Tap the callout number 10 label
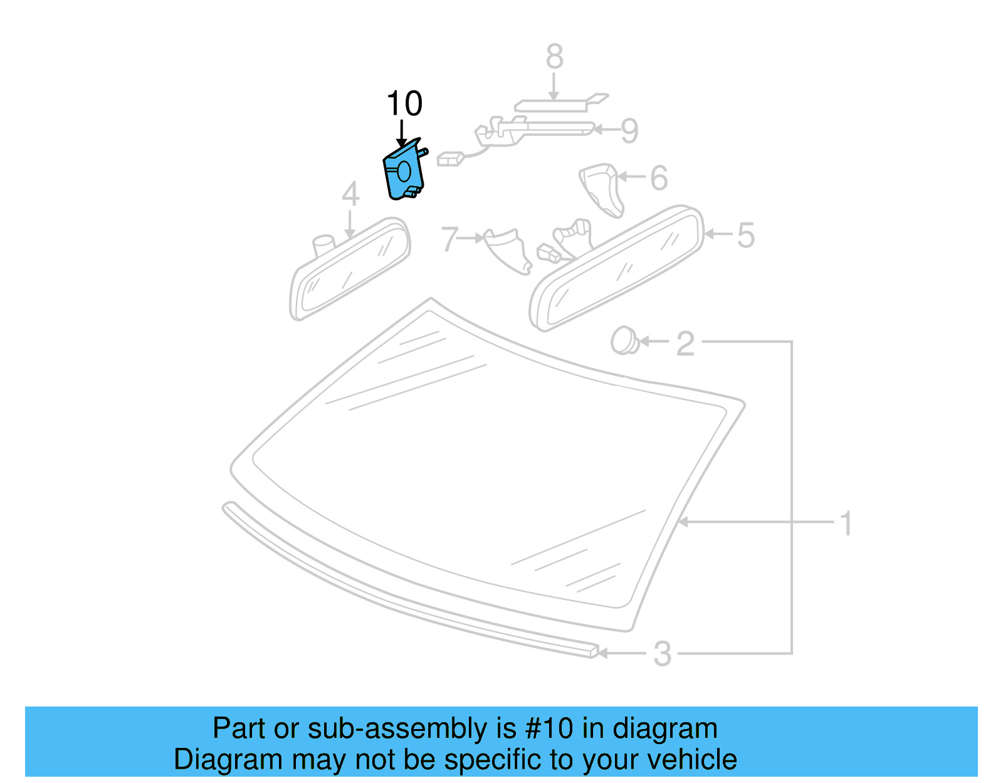click(x=404, y=103)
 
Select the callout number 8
click(x=554, y=57)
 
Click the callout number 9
click(x=629, y=130)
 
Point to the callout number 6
click(x=658, y=178)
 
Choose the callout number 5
click(x=745, y=235)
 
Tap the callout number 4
click(x=350, y=194)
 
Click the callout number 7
click(x=449, y=239)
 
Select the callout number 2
click(x=685, y=344)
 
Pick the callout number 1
click(x=846, y=523)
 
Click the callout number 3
click(x=662, y=654)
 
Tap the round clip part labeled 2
click(x=622, y=340)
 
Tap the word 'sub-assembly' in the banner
click(x=397, y=728)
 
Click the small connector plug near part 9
click(x=449, y=159)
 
